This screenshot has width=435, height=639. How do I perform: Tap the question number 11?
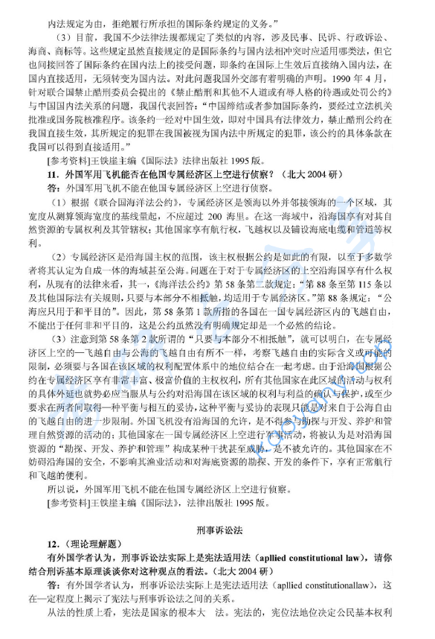pyautogui.click(x=51, y=174)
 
